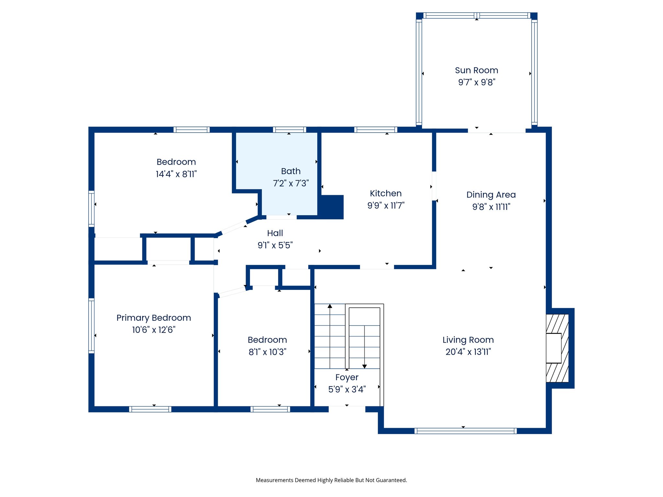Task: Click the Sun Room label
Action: [476, 70]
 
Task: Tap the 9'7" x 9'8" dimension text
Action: [477, 82]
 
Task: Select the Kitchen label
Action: [386, 193]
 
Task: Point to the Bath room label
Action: [291, 171]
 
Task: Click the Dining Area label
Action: [491, 195]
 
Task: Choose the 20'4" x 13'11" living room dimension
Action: [468, 352]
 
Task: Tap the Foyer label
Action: [347, 377]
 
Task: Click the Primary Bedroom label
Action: [153, 318]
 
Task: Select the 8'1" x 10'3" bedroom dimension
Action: [267, 352]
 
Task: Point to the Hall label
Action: [275, 233]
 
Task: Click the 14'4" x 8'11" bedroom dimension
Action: [176, 174]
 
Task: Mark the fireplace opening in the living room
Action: [553, 348]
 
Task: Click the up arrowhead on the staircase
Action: [330, 306]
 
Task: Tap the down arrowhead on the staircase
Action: [365, 366]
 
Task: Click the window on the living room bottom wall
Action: [465, 431]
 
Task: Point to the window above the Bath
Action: [289, 130]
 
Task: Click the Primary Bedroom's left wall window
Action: [92, 326]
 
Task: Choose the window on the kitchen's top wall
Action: [376, 130]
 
